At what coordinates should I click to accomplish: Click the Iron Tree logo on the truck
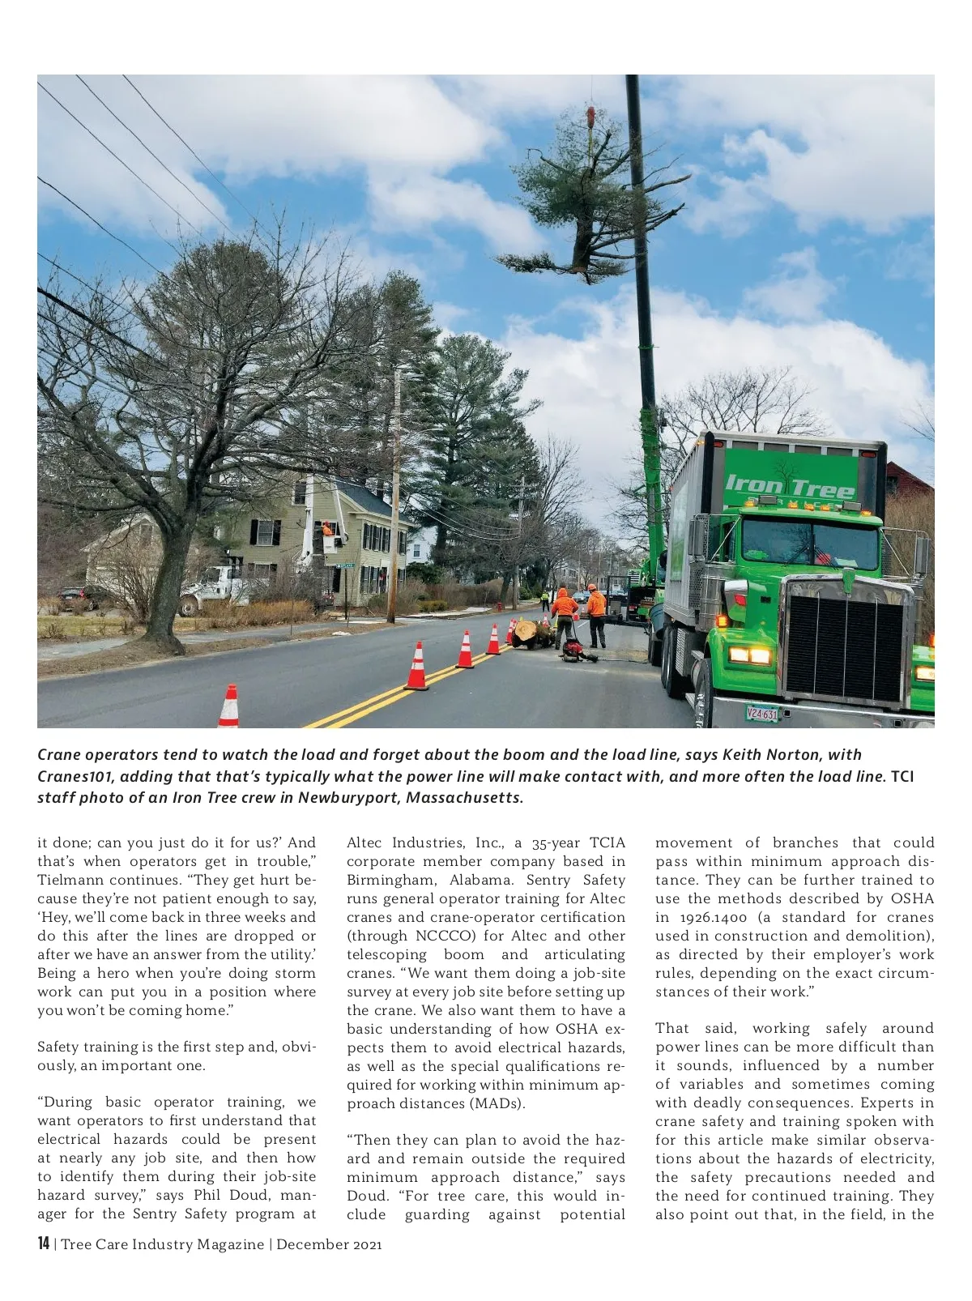point(790,486)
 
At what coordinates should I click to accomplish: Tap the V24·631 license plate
point(761,714)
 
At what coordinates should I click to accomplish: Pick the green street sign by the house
point(345,565)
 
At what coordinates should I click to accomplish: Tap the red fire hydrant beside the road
point(499,605)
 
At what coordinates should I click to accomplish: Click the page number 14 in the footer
point(44,1243)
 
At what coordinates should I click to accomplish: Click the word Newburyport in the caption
point(347,797)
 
